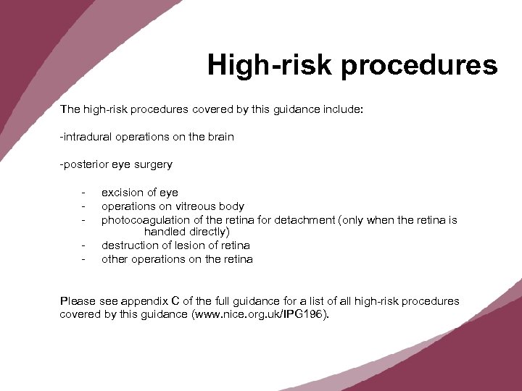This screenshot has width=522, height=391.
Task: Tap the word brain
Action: (218, 137)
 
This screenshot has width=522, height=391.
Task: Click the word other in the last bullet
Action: (115, 258)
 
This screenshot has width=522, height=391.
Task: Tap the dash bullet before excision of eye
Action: (84, 193)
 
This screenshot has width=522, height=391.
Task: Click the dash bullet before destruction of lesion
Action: (84, 246)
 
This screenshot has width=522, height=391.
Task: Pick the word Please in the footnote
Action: (77, 301)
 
